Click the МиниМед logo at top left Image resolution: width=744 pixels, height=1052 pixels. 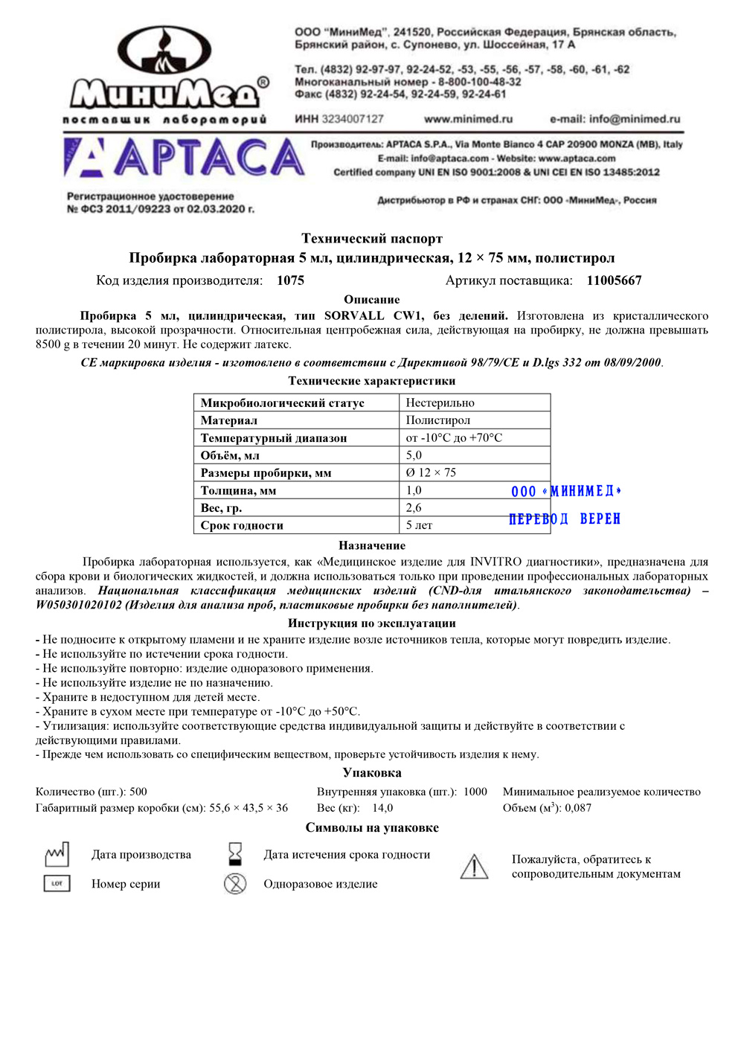(x=165, y=74)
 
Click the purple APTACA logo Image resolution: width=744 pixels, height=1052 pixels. (x=185, y=158)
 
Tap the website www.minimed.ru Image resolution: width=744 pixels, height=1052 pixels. (x=468, y=119)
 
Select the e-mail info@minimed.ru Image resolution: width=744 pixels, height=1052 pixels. (x=615, y=119)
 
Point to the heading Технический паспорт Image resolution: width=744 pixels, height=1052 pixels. (x=372, y=239)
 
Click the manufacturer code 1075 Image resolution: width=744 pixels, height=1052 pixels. (x=290, y=280)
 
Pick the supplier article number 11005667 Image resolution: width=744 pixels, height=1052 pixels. (x=614, y=280)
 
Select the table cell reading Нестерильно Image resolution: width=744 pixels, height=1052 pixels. (x=440, y=402)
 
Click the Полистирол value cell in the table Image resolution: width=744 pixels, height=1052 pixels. (x=438, y=420)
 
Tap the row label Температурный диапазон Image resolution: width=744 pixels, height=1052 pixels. (x=274, y=438)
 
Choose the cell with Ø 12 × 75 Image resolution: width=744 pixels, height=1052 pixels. (x=432, y=472)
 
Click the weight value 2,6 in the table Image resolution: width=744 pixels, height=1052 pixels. (x=414, y=507)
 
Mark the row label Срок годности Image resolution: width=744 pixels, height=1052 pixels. (x=242, y=525)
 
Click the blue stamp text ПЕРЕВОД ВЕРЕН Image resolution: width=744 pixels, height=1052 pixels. (x=565, y=519)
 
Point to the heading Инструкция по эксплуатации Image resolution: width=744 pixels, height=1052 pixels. (x=372, y=623)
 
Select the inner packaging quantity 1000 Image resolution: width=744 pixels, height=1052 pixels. (x=475, y=792)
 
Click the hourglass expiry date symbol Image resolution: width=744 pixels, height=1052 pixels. (x=235, y=854)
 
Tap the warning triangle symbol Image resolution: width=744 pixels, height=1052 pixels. (x=474, y=867)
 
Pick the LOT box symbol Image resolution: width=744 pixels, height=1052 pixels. (x=57, y=884)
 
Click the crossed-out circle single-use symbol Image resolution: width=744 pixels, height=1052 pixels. (x=235, y=884)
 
